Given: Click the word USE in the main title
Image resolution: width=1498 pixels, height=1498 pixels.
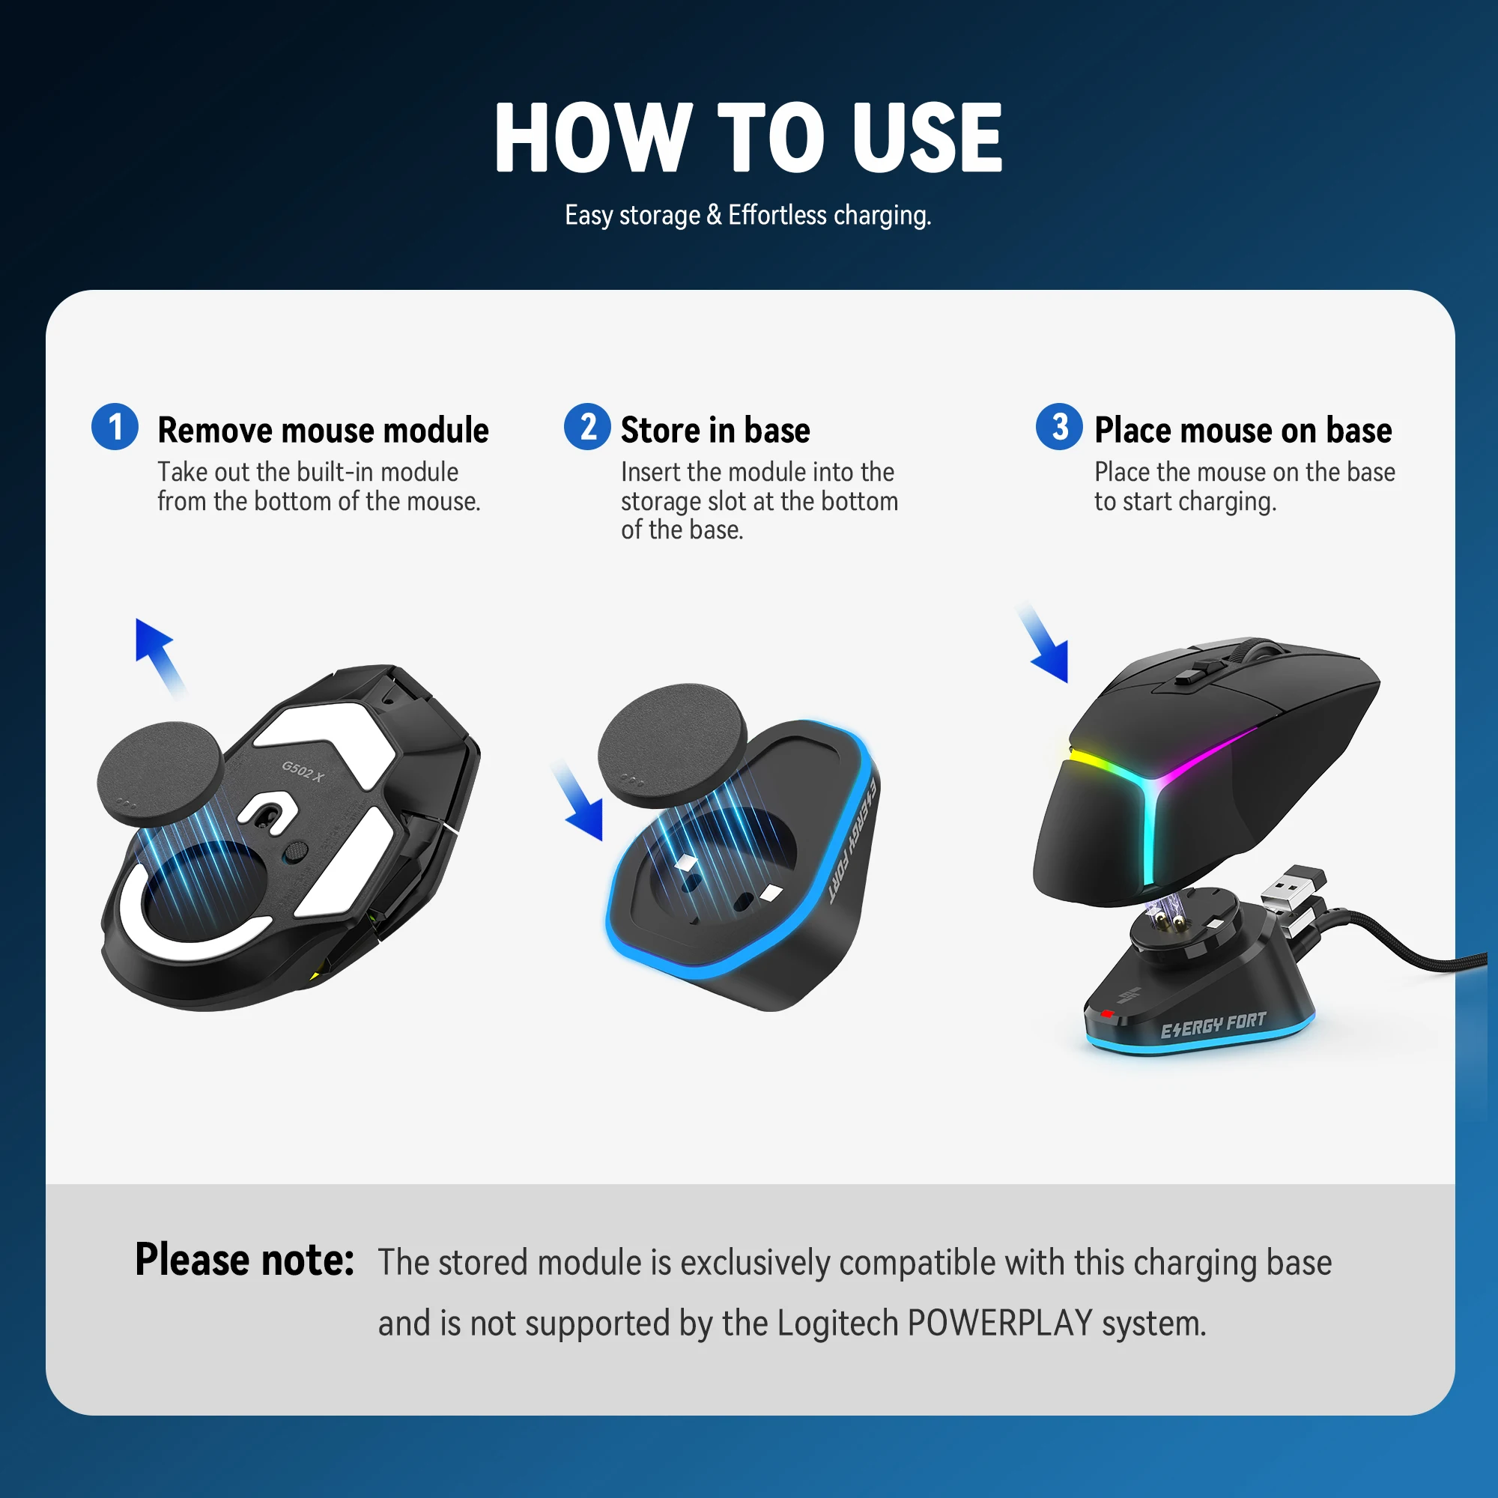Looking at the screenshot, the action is pos(927,138).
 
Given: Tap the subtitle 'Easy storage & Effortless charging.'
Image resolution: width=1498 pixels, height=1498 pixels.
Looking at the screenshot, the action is pos(748,215).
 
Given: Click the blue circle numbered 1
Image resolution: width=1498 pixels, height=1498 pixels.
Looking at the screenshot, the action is pos(115,426).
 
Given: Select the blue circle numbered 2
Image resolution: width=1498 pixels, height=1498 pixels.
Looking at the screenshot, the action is pos(588,426).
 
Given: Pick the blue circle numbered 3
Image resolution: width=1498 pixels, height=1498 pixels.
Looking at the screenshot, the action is pos(1059,426).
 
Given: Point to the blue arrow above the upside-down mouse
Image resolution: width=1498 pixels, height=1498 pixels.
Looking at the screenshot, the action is pos(160,657).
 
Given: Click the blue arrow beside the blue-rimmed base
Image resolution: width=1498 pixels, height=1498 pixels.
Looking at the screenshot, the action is pos(577,800).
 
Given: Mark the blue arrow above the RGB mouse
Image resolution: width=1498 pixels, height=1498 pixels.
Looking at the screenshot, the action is pos(1044,642).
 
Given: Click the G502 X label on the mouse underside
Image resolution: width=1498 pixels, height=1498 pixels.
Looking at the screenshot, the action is pos(303,771).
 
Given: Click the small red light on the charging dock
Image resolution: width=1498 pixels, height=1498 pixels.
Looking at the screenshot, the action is pos(1107,1013).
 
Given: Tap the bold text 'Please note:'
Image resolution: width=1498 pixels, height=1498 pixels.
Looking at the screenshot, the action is pos(244,1259).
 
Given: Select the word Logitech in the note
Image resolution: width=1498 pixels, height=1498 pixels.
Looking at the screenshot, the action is pos(837,1323).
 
